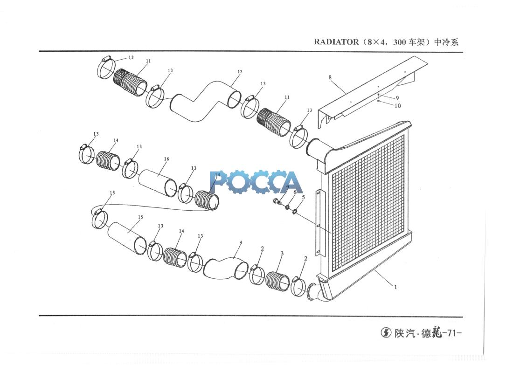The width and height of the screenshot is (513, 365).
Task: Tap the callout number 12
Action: point(240,72)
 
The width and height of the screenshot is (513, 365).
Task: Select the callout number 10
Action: point(397,106)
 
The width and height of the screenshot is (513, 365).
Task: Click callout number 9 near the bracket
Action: point(397,98)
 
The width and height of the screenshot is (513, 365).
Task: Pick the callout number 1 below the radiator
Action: point(395,287)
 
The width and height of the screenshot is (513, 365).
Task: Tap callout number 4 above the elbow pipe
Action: point(241,243)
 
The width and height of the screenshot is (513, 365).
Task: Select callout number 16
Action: point(166,159)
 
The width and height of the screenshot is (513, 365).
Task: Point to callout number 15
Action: point(140,217)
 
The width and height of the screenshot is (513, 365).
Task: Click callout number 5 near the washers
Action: point(303,198)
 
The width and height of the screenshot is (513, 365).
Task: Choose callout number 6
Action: point(294,192)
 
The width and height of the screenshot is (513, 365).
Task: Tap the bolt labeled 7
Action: point(277,201)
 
